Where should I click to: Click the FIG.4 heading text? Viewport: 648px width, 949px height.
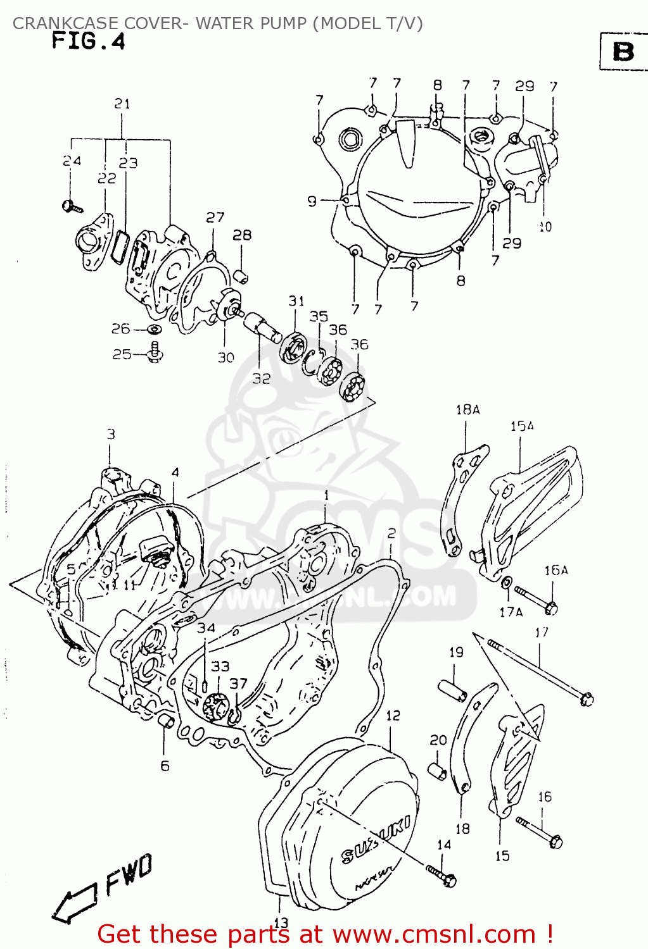pos(88,42)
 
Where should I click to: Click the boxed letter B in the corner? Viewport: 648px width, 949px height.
pos(623,51)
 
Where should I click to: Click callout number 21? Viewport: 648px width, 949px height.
pos(122,103)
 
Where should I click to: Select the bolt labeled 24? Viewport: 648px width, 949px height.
pos(71,206)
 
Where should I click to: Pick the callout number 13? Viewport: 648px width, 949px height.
pos(281,922)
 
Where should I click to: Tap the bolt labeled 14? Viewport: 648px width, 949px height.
pos(441,876)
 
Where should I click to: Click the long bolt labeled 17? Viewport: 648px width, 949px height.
pos(538,670)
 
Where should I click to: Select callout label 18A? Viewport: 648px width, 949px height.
pos(467,410)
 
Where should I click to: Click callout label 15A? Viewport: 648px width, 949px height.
pos(522,426)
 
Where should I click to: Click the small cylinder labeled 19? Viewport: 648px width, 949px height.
pos(454,690)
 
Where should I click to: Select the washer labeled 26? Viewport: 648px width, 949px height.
pos(154,330)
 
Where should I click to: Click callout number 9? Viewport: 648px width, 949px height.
pos(312,201)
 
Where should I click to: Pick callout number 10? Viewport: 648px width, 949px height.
pos(545,226)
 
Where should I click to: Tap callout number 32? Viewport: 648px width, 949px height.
pos(261,378)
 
